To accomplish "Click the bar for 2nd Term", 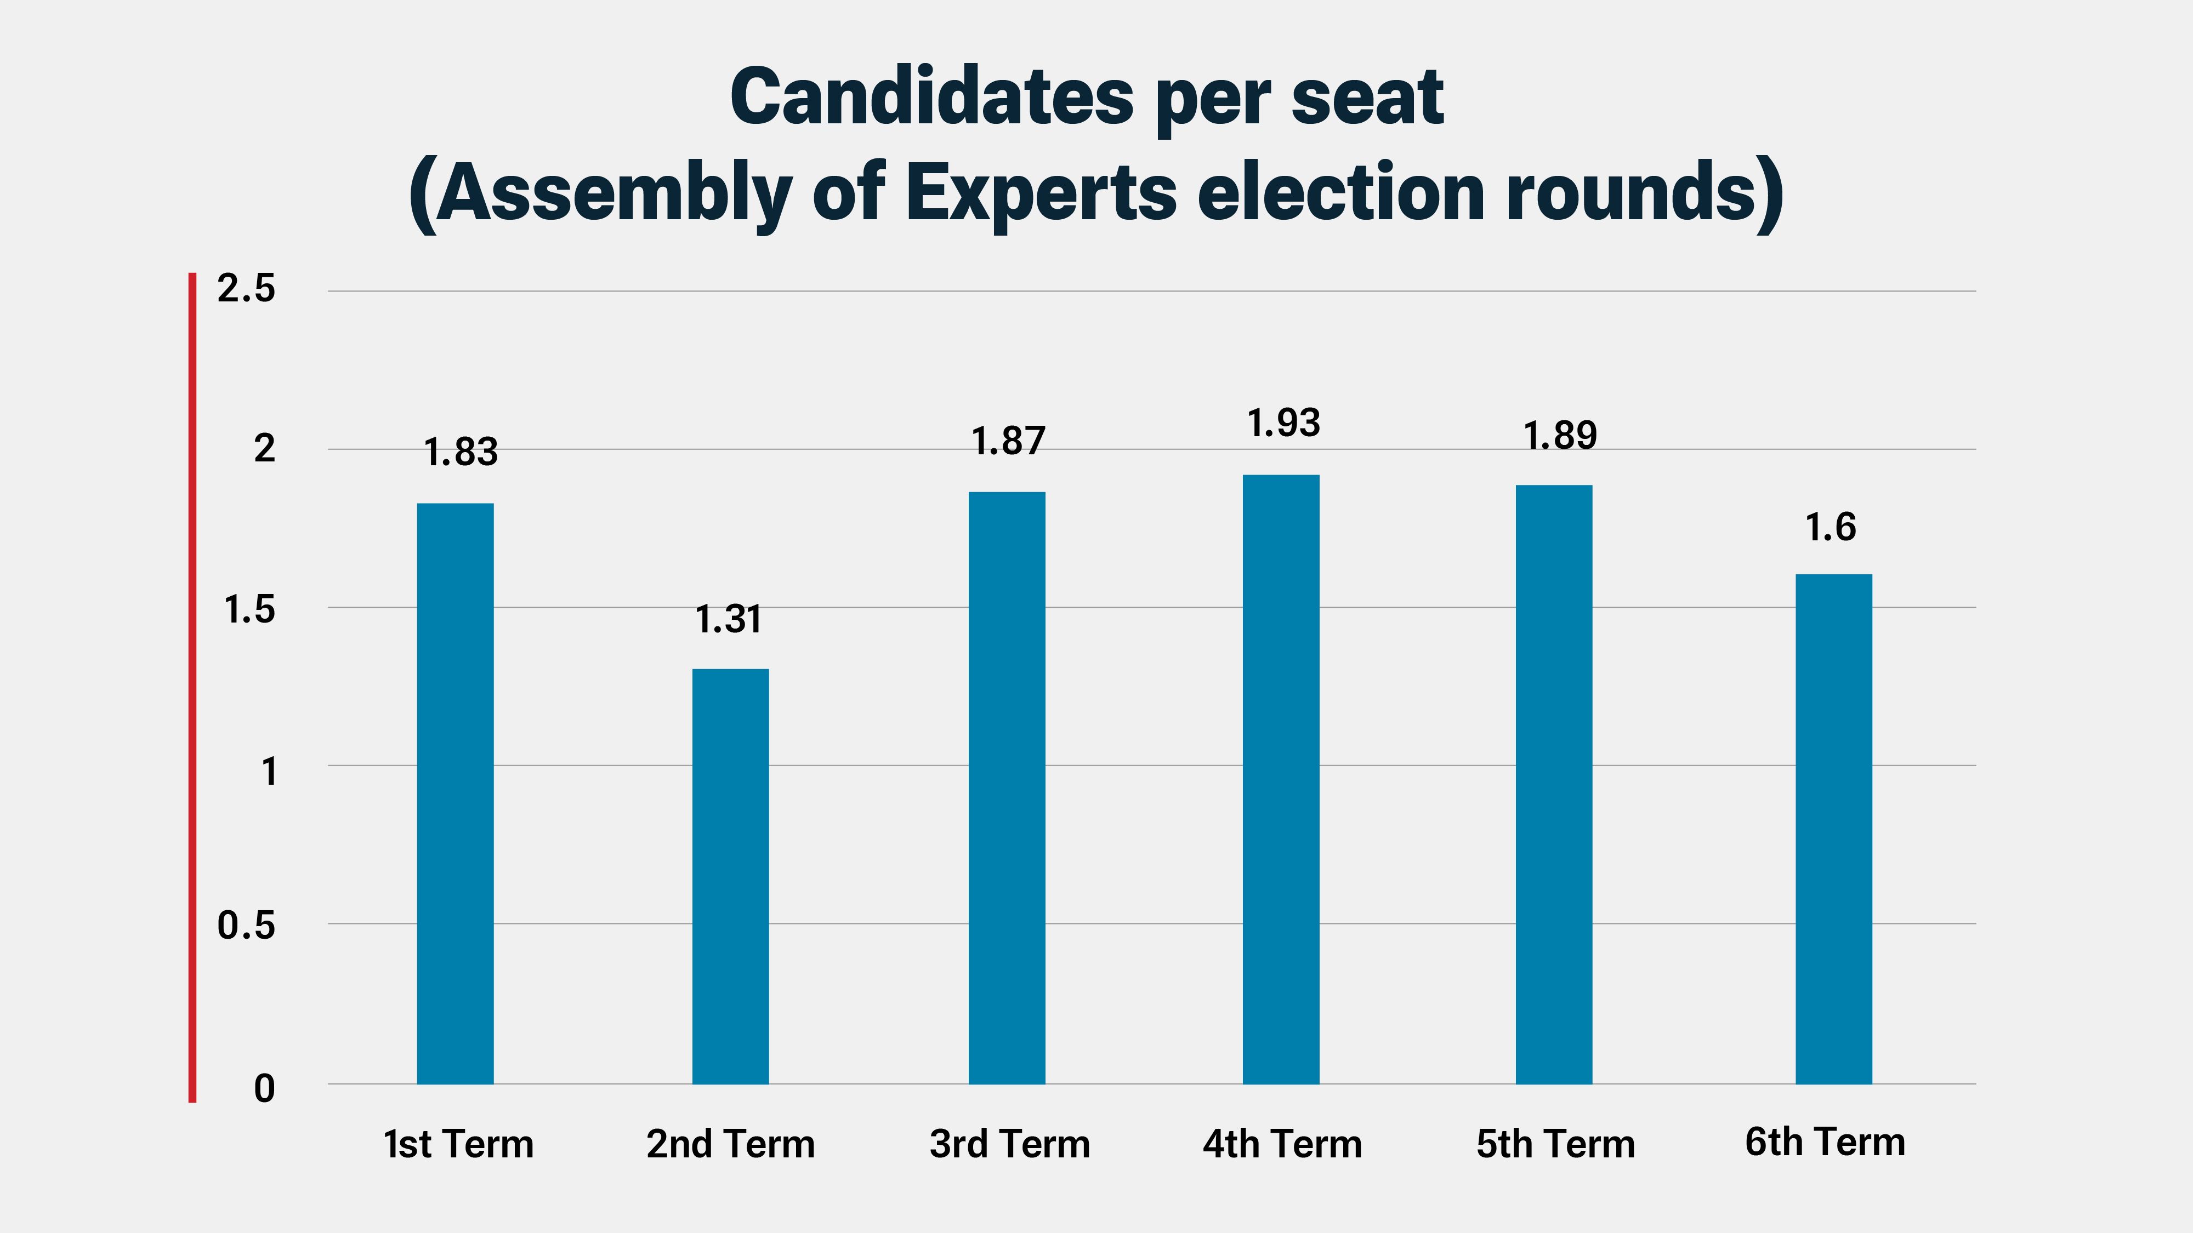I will pos(730,876).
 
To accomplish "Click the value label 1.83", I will pos(461,452).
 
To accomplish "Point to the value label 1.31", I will pos(729,619).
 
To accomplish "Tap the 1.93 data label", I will pos(1283,423).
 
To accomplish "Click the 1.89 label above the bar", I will pos(1560,436).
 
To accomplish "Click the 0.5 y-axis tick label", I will pos(246,925).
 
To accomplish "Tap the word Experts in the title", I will pos(1041,192).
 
